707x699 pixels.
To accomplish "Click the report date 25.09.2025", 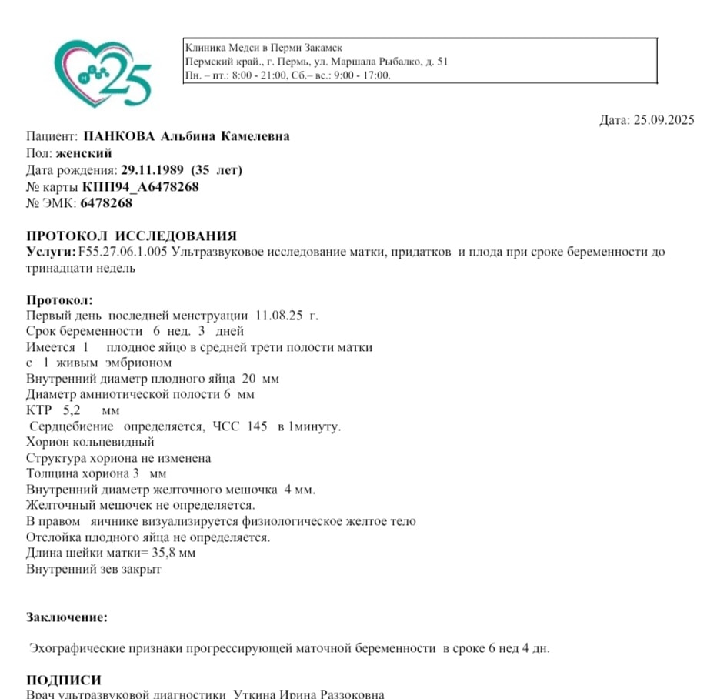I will tap(663, 120).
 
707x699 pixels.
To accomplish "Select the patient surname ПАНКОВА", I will tap(119, 137).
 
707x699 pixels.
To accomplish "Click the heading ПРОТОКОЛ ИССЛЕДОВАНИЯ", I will tap(132, 236).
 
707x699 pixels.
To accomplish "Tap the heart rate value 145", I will tap(258, 426).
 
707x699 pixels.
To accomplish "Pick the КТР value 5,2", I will tap(72, 411).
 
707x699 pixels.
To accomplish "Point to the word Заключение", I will tap(67, 617).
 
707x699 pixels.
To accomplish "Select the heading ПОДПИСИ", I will tap(64, 681).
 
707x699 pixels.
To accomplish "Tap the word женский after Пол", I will tap(84, 154).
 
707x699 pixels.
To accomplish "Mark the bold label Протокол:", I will tap(59, 300).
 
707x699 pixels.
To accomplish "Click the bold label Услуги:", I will tap(51, 253).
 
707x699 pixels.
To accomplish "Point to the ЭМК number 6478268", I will tap(106, 203).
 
